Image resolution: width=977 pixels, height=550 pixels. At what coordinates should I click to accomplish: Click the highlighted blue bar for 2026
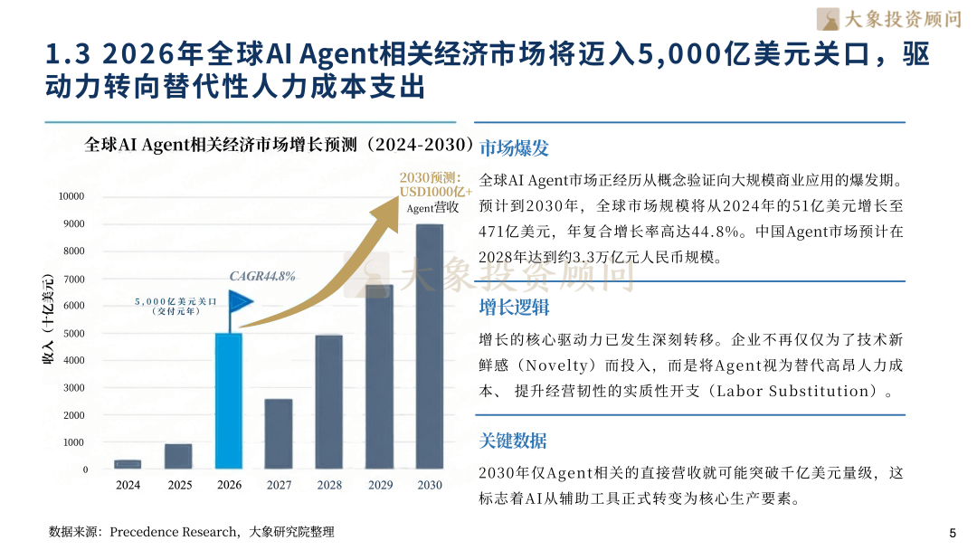coord(229,401)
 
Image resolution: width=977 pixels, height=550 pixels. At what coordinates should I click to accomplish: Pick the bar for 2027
coord(279,434)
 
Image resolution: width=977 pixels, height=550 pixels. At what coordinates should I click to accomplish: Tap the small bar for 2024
coord(128,464)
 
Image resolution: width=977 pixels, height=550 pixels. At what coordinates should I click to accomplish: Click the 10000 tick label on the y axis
coord(71,196)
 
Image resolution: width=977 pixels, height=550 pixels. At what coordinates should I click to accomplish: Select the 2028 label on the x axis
coord(329,485)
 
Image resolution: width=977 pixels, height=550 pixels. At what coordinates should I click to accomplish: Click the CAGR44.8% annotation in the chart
coord(261,277)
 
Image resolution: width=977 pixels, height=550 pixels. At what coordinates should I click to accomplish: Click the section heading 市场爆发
coord(514,148)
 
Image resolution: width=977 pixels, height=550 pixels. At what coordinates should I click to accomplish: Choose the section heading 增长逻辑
coord(514,307)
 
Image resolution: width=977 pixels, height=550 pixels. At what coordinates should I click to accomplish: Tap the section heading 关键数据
coord(513,441)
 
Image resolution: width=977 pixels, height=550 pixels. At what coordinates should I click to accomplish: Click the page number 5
coord(952,532)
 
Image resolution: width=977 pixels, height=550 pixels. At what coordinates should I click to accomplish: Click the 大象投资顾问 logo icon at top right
coord(827,18)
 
